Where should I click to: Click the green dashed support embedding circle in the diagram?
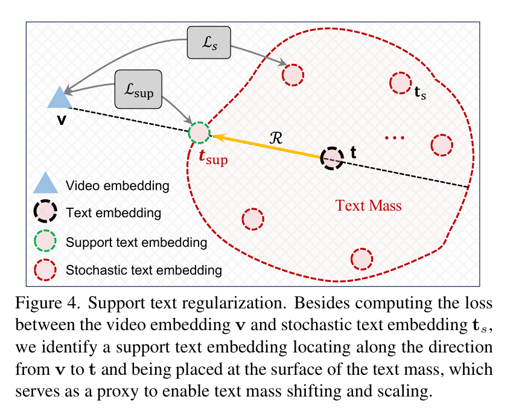coord(199,132)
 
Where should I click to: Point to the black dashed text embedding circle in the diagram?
coord(331,158)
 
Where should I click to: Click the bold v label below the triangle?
coord(61,120)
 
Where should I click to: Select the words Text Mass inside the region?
coord(368,206)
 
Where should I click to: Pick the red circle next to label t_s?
coord(401,83)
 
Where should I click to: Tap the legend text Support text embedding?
coord(137,243)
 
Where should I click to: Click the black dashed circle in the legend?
coord(45,212)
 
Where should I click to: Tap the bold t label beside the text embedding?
coord(354,153)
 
